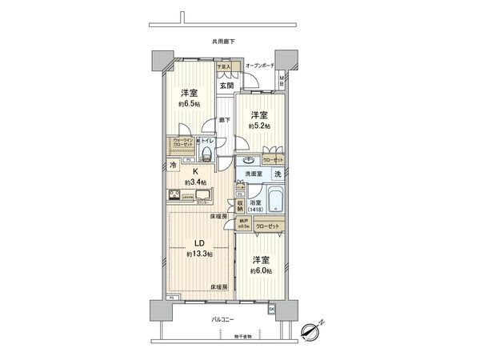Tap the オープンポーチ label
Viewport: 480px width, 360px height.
(x=260, y=66)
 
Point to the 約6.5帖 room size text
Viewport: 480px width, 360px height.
(x=190, y=103)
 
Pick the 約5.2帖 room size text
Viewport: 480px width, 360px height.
(x=260, y=127)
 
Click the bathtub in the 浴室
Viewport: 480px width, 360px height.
(x=274, y=199)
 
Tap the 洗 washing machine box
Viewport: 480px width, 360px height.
(x=278, y=173)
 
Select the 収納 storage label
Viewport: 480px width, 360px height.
(x=239, y=206)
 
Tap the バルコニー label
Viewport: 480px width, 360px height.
(x=222, y=318)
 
